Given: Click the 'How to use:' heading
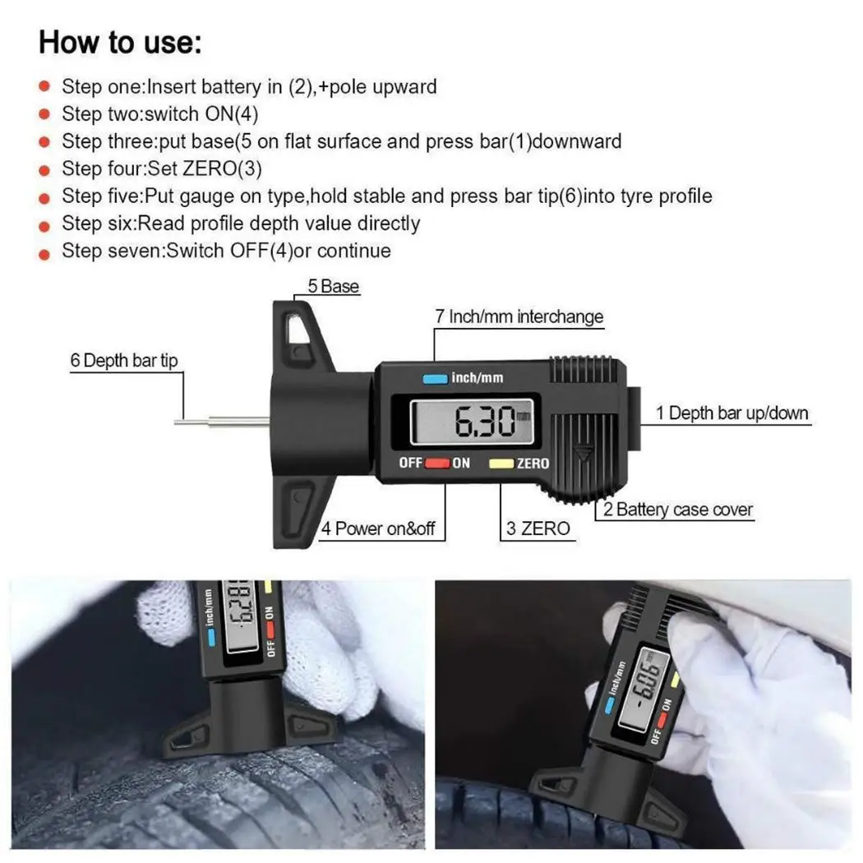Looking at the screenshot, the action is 120,43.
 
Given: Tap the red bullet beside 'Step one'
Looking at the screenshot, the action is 44,85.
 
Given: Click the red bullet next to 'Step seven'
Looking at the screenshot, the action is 44,254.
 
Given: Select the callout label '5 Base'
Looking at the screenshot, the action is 333,286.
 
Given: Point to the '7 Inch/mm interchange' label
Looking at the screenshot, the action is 519,316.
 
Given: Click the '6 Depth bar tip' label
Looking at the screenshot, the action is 124,361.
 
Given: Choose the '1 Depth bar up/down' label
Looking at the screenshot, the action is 732,413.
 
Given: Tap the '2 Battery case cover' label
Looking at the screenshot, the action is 677,509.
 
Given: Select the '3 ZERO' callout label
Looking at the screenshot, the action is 538,528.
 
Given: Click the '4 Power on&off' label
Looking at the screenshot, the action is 377,528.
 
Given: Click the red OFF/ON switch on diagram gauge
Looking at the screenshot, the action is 437,463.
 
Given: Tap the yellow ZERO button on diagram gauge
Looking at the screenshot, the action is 501,464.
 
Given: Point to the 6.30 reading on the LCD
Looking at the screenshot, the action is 484,422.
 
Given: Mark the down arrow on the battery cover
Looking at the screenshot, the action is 584,453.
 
